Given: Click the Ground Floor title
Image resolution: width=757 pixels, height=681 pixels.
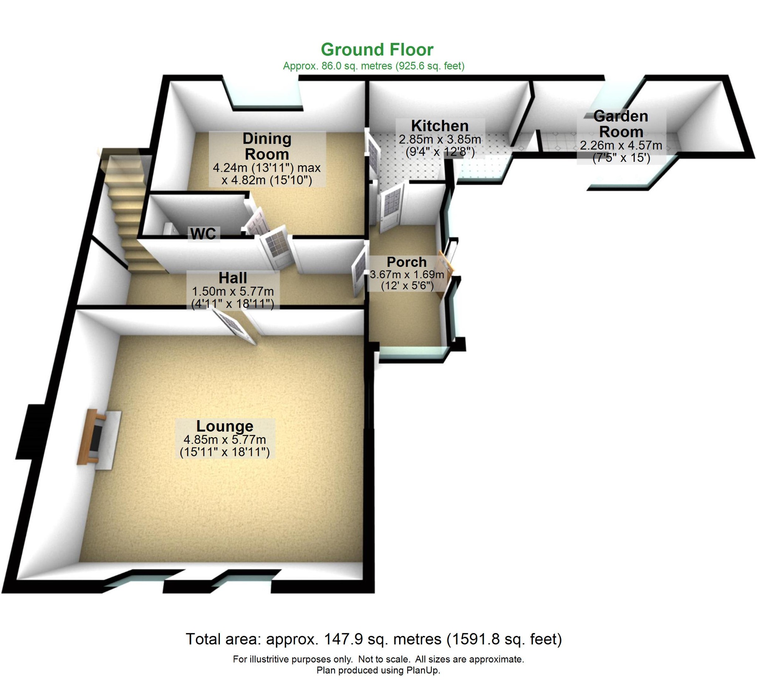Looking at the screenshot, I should tap(377, 50).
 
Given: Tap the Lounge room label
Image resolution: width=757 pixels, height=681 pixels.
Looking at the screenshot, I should tap(225, 426).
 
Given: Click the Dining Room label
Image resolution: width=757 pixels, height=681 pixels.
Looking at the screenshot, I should tap(267, 146).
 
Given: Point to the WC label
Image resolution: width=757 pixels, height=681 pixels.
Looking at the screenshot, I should tap(203, 234).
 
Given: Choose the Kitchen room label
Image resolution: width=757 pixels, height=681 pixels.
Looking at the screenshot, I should tap(439, 126).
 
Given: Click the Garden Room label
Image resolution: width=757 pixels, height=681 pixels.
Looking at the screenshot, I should tap(620, 124).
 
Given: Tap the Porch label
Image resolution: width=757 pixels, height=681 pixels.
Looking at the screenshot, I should tap(406, 262).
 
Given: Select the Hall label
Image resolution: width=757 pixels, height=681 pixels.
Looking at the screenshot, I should tap(232, 278).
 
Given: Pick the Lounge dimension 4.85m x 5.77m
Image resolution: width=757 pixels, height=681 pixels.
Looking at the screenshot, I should tap(225, 440).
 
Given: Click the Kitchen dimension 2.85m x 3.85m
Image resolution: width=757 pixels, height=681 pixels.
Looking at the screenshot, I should tap(439, 140).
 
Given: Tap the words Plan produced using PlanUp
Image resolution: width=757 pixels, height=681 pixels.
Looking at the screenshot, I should tap(378, 670).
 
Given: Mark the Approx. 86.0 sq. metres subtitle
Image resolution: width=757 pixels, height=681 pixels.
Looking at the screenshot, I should tap(373, 66).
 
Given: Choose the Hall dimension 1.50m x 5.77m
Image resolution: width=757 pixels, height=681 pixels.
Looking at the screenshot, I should tap(232, 292).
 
